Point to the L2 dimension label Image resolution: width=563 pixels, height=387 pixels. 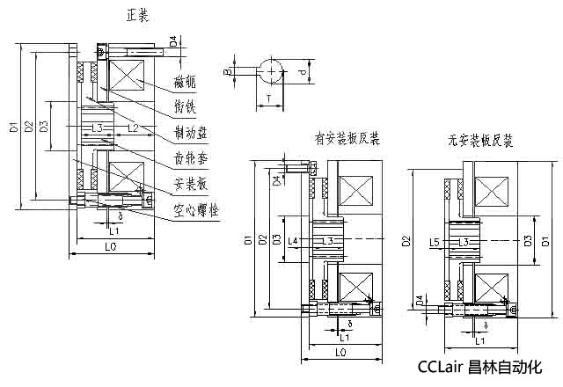point(132,129)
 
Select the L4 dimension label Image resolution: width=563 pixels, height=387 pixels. point(293,240)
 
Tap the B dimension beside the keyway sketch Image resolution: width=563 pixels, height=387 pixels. point(226,68)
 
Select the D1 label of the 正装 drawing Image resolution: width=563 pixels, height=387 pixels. point(14,129)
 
